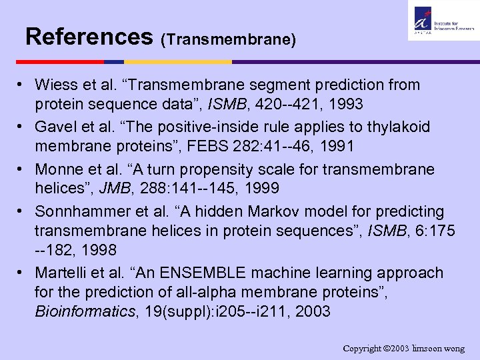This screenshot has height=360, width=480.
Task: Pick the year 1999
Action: (x=267, y=188)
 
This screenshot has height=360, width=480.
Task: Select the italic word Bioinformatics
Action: (x=83, y=311)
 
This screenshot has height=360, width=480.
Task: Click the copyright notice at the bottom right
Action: (x=404, y=349)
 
